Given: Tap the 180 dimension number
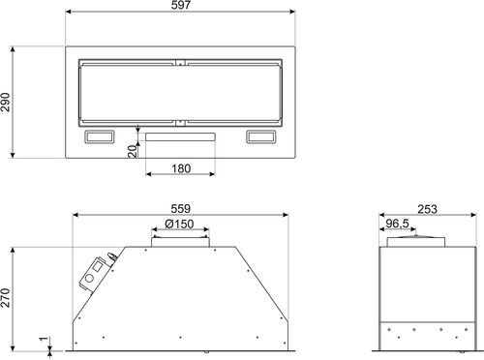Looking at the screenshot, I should tap(179, 167).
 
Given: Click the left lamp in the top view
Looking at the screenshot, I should tap(100, 136).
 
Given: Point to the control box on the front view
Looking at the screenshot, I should tap(95, 275).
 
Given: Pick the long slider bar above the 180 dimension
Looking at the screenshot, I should tap(180, 137).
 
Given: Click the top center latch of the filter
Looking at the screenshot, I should tap(180, 65).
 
